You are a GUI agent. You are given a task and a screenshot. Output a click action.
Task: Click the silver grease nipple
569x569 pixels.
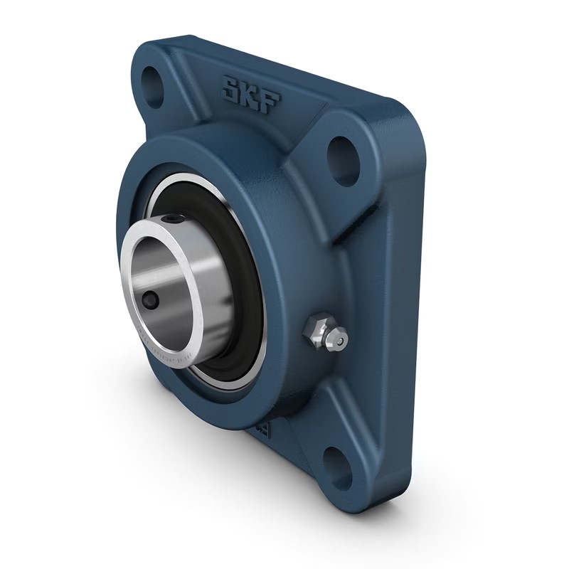325,334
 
